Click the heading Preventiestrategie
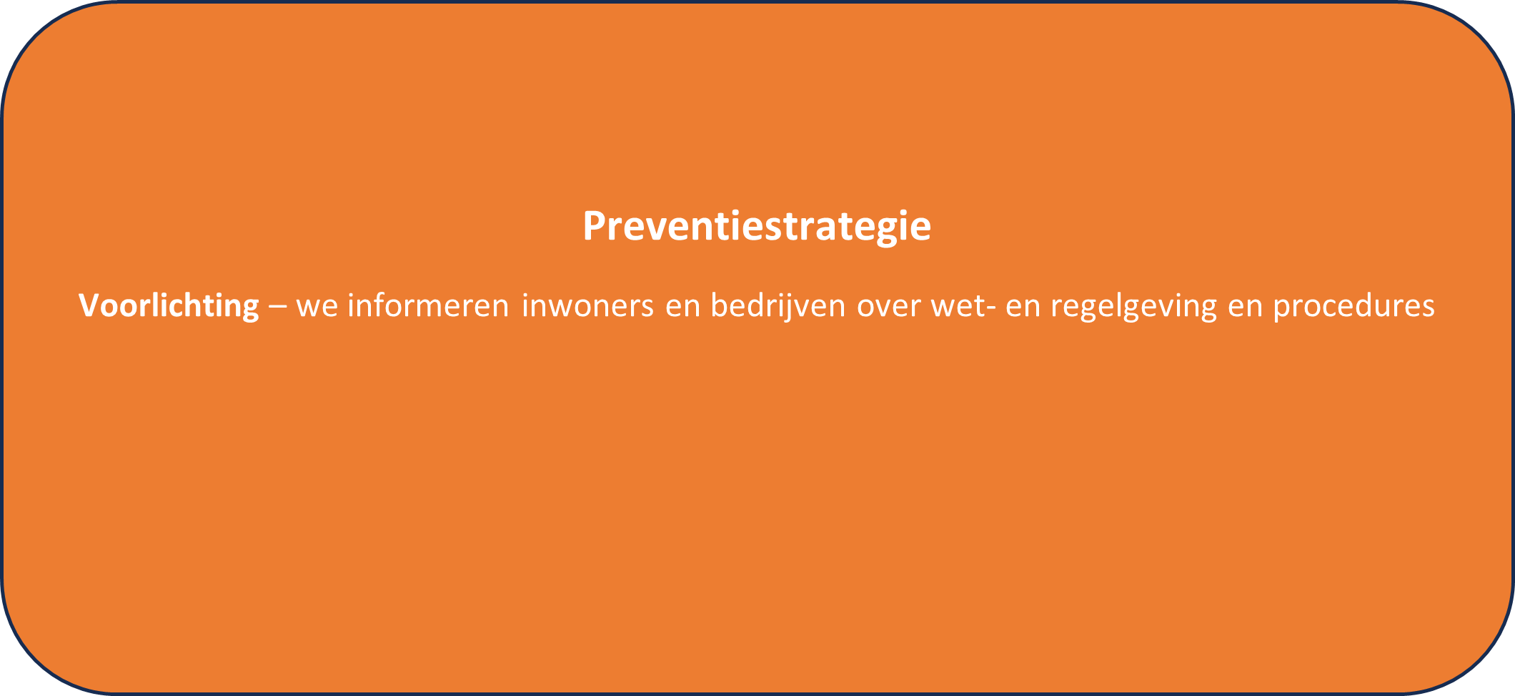[x=757, y=227]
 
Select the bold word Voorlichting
[x=169, y=307]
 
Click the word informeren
[x=428, y=305]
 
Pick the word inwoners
[x=588, y=305]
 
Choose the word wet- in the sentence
[x=965, y=306]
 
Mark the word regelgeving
[x=1133, y=307]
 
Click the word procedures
[x=1354, y=307]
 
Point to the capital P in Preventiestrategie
[x=595, y=226]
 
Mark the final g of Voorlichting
[x=249, y=310]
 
